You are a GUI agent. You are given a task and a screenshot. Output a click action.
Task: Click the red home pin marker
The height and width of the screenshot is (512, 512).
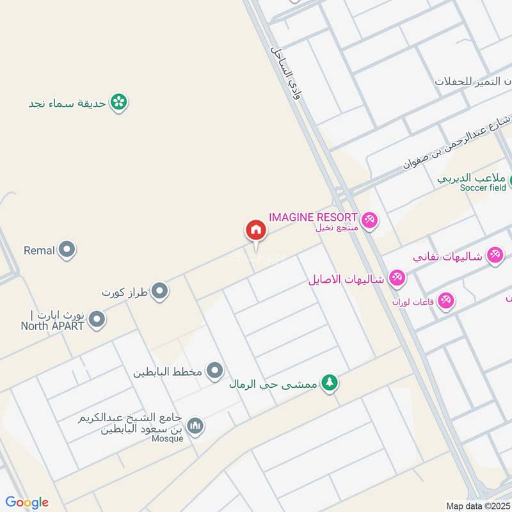tap(255, 230)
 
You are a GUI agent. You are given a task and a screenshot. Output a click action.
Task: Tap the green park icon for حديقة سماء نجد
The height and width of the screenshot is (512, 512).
tap(118, 102)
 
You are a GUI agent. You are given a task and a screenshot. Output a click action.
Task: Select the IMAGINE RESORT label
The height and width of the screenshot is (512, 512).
tap(313, 217)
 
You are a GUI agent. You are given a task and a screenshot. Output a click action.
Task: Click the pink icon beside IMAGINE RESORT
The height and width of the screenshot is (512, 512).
tap(369, 221)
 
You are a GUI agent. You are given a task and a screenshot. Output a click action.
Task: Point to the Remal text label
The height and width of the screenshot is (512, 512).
tap(39, 250)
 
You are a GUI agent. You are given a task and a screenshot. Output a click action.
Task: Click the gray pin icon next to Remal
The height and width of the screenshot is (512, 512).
tap(67, 250)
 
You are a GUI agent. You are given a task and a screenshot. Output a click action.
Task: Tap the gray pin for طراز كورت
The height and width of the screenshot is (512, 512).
tap(160, 292)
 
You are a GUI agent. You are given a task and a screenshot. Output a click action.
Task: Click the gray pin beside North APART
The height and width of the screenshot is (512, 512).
tap(97, 319)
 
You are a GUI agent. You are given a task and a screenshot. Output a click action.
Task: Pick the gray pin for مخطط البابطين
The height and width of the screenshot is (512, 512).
tap(215, 371)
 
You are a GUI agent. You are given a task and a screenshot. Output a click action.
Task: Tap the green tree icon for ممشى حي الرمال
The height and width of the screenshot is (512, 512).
tap(330, 383)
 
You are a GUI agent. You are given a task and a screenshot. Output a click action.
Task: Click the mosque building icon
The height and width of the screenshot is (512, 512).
tap(195, 426)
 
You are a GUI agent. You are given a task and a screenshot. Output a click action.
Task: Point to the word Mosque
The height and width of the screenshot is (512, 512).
tap(167, 438)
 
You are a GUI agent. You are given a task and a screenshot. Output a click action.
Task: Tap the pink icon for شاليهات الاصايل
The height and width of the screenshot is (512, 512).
tap(397, 278)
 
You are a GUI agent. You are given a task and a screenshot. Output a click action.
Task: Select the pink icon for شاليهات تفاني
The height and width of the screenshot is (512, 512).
tap(493, 255)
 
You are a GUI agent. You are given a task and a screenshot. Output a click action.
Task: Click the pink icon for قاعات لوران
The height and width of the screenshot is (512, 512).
tap(446, 300)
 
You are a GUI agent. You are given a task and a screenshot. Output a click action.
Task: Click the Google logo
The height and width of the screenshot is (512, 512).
tap(27, 502)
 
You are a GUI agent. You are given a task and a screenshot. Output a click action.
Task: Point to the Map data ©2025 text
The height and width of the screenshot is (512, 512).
tap(477, 506)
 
